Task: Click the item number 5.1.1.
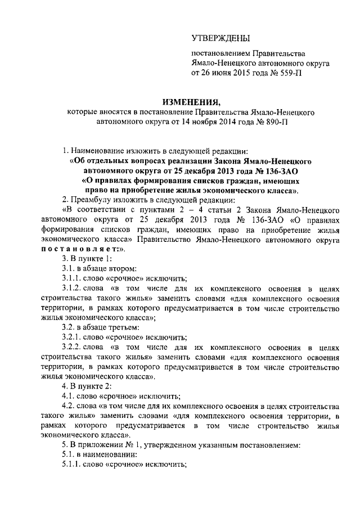71,465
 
